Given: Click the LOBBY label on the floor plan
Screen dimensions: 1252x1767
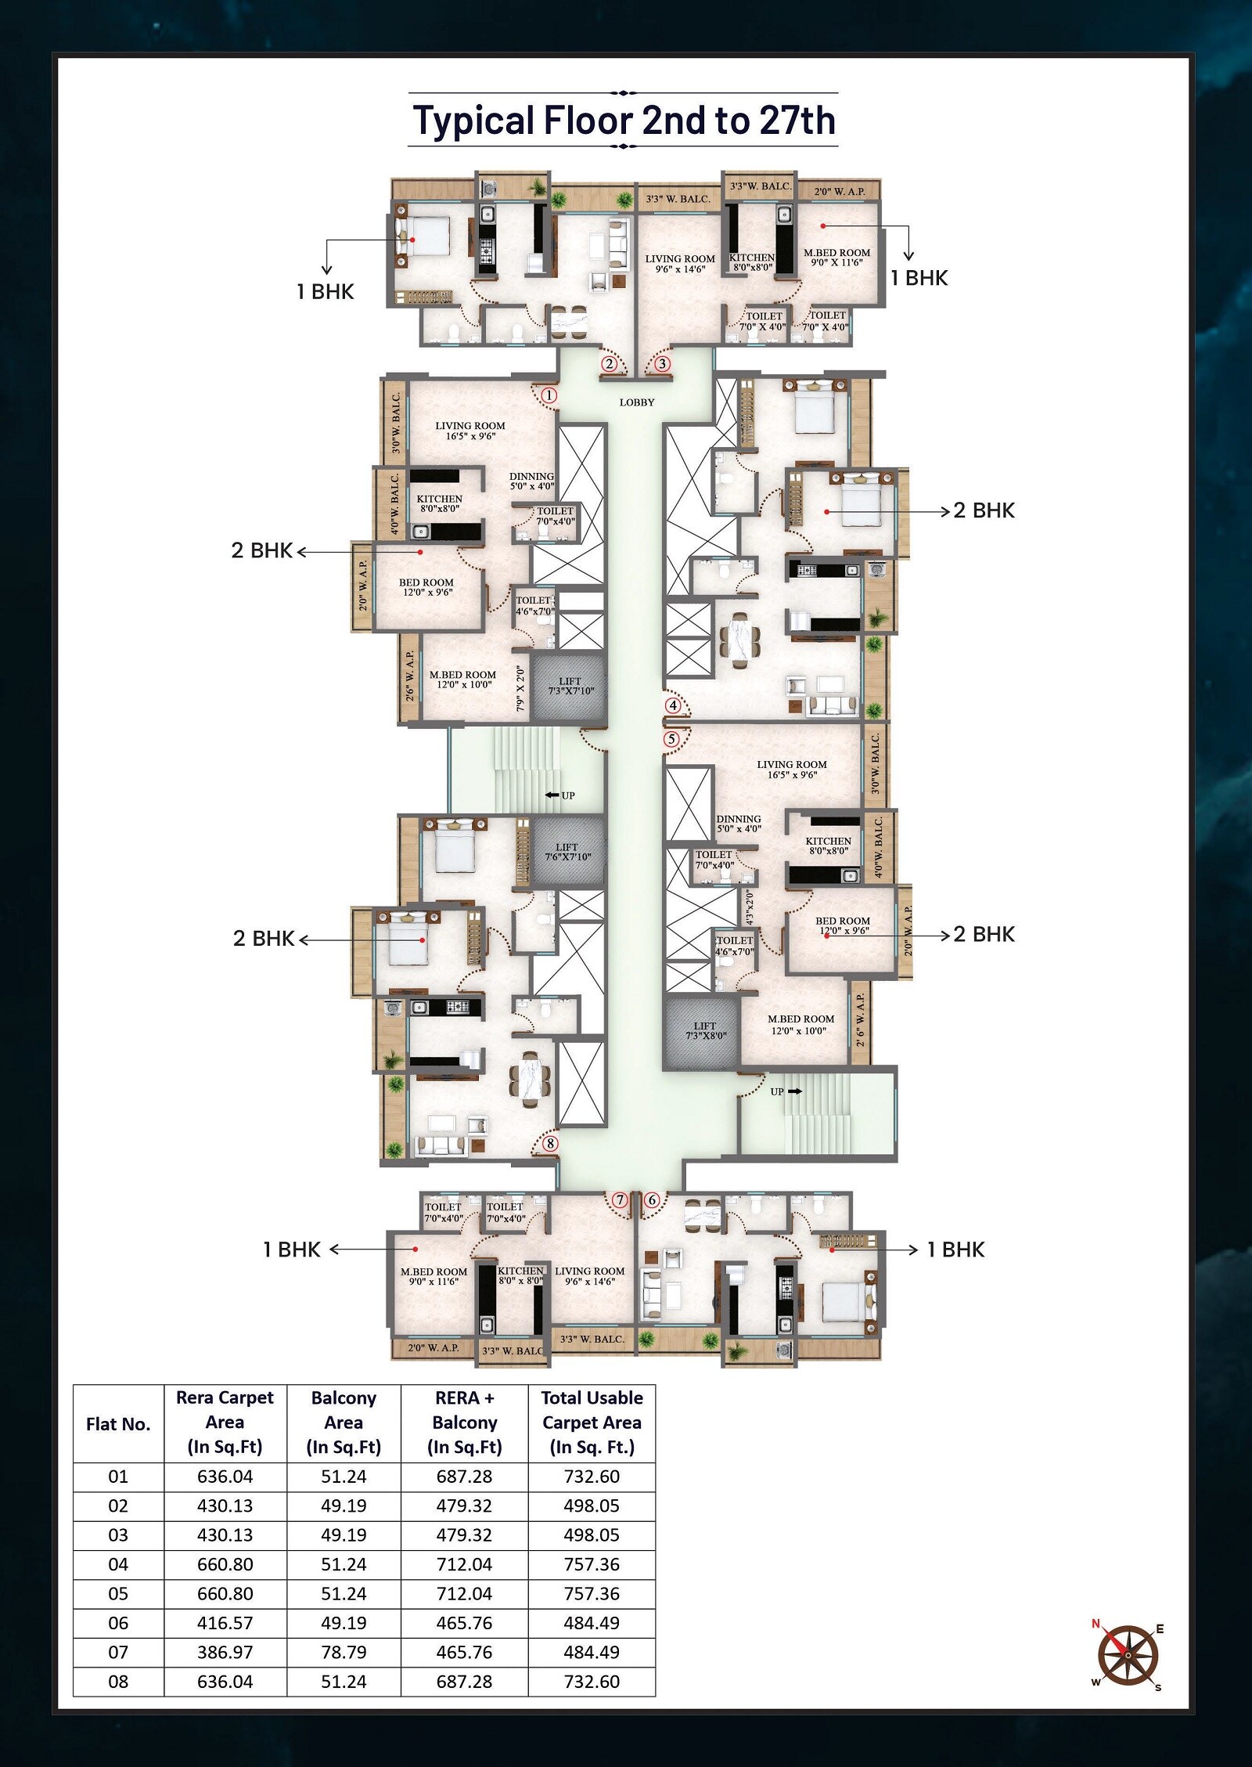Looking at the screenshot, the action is (637, 402).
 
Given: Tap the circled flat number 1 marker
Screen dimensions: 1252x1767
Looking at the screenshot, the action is (549, 395).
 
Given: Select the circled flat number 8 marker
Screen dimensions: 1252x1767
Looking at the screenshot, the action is (551, 1144).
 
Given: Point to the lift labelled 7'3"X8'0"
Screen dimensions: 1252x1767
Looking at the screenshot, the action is (702, 1033).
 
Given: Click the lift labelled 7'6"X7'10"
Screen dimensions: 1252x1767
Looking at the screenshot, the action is (568, 852).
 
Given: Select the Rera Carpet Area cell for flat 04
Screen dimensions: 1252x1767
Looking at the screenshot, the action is (225, 1564).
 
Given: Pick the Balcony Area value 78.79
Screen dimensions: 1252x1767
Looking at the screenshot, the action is (344, 1652).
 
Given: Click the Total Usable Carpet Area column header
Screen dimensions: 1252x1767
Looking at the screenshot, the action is (592, 1422).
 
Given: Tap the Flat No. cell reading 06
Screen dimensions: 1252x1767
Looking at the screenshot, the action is (118, 1623).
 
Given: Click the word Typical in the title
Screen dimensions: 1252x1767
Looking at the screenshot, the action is (473, 121).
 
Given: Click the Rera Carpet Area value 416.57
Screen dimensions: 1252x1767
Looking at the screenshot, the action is (225, 1623).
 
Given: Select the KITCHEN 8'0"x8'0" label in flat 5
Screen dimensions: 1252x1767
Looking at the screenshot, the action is (829, 846).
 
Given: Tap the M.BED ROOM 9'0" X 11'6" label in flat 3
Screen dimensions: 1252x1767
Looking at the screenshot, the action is (836, 258).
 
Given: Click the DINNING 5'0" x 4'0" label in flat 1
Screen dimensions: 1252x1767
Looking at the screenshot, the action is (531, 481).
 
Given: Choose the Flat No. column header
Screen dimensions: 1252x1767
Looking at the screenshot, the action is (118, 1424).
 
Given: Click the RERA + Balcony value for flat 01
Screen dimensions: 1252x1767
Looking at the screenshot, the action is (464, 1477).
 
